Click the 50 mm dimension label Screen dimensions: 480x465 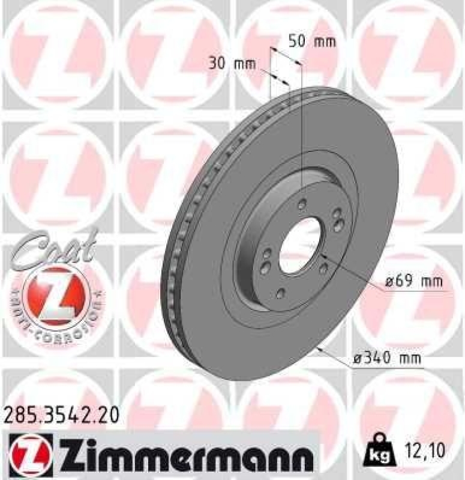(x=312, y=42)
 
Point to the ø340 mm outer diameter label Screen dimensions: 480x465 (x=386, y=359)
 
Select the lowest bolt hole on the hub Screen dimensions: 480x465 (x=281, y=293)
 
